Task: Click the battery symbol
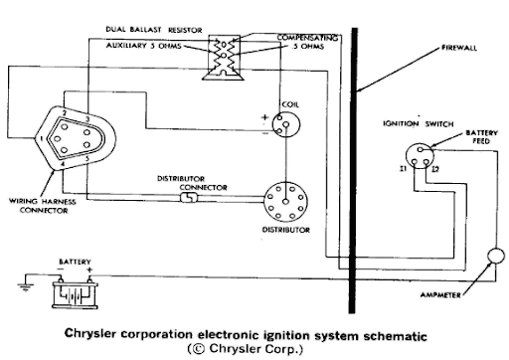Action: click(75, 294)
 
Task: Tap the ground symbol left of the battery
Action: click(25, 287)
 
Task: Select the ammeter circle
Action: click(496, 256)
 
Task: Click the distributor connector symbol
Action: click(189, 198)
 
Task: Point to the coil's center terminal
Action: click(286, 124)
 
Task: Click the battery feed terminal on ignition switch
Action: click(421, 149)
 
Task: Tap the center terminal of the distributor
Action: click(285, 201)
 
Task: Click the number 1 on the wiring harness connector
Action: click(42, 139)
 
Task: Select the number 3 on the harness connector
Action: click(87, 119)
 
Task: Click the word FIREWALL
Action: click(459, 48)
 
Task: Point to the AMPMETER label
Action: click(440, 294)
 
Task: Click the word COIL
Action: click(290, 104)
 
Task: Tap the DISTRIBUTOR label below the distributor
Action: click(286, 230)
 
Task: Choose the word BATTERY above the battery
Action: click(75, 262)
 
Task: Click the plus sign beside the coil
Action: click(264, 117)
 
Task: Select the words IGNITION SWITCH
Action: click(419, 123)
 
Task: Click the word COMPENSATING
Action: click(307, 38)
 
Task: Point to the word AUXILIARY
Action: click(126, 46)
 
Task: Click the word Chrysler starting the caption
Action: click(90, 333)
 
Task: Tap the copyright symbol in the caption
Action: click(197, 349)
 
